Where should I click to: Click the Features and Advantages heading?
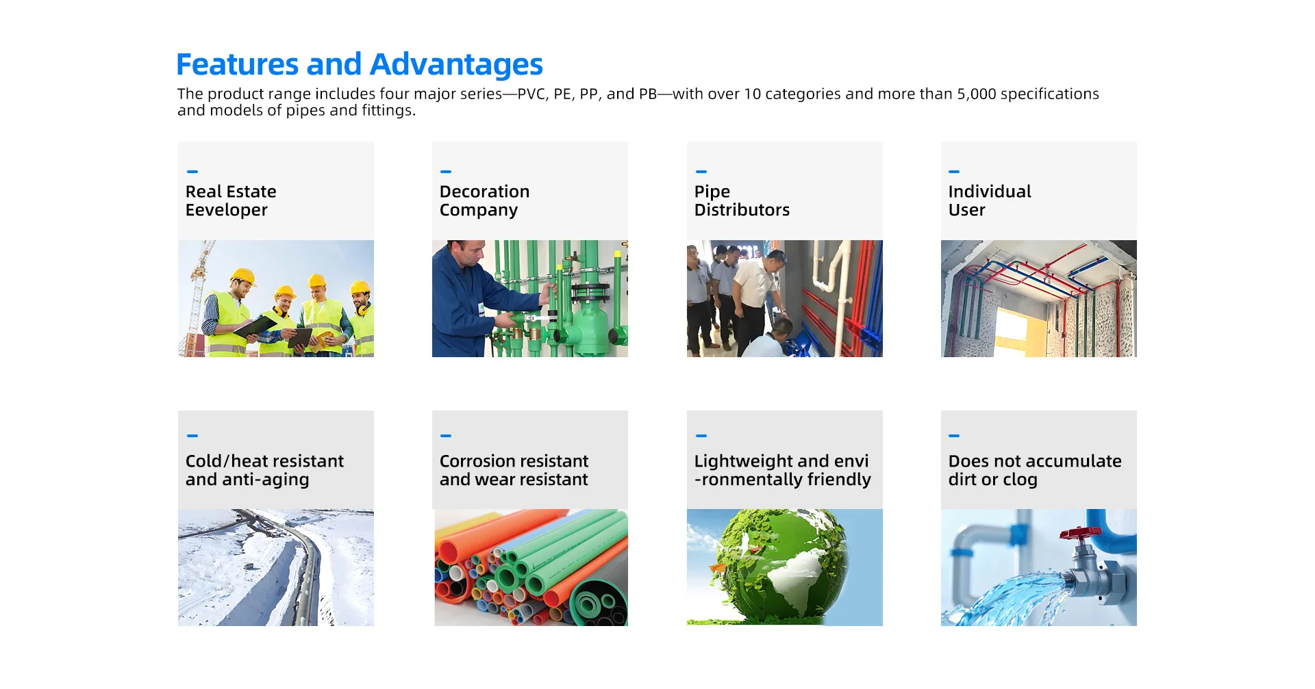[360, 65]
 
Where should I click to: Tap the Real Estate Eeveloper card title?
[231, 200]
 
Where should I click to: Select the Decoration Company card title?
[484, 200]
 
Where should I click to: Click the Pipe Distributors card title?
[742, 200]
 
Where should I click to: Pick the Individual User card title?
[990, 200]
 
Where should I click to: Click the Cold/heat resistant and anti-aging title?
[264, 470]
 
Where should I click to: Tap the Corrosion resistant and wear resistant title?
[514, 470]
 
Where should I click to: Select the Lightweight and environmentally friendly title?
[782, 470]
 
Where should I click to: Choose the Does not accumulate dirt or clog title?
[1035, 470]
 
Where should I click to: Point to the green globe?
[781, 565]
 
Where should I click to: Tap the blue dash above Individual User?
[954, 172]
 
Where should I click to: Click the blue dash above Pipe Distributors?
[701, 172]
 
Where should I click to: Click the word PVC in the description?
[531, 94]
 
